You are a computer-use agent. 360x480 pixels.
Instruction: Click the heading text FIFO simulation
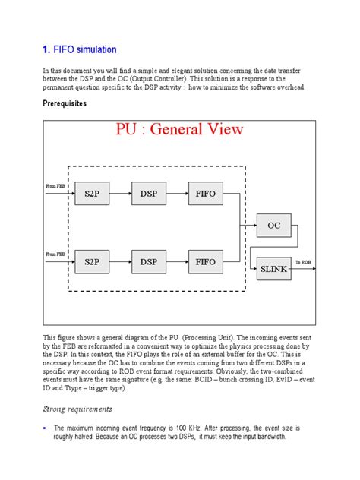(x=85, y=50)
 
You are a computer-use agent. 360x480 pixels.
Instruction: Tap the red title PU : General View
(x=179, y=128)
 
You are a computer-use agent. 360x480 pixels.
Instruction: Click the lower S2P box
(x=92, y=262)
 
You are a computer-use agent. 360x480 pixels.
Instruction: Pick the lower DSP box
(x=149, y=262)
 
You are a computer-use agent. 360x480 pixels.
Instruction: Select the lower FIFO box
(x=206, y=262)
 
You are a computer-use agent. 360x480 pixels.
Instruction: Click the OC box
(x=274, y=225)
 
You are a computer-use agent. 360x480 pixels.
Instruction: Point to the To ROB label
(x=304, y=262)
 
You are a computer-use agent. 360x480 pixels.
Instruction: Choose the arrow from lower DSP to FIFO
(x=178, y=262)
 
